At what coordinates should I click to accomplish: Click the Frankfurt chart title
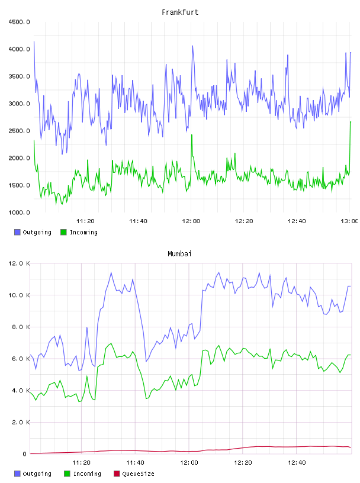pyautogui.click(x=180, y=12)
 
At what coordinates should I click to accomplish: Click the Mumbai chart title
pyautogui.click(x=179, y=253)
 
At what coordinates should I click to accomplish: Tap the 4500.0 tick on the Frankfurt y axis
pyautogui.click(x=19, y=22)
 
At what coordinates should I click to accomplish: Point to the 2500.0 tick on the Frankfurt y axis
pyautogui.click(x=19, y=131)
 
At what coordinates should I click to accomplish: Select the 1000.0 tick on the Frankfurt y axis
pyautogui.click(x=19, y=212)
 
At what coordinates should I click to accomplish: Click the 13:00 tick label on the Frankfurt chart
pyautogui.click(x=349, y=221)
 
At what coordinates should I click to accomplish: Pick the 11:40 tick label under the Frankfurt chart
pyautogui.click(x=138, y=221)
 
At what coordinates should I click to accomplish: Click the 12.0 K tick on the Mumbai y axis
pyautogui.click(x=19, y=263)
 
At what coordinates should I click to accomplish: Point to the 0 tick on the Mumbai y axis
pyautogui.click(x=25, y=454)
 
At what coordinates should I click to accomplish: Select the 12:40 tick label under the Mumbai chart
pyautogui.click(x=297, y=463)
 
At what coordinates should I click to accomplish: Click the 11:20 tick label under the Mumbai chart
pyautogui.click(x=81, y=463)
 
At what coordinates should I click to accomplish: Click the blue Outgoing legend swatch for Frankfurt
pyautogui.click(x=17, y=232)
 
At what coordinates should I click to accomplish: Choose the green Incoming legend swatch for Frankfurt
pyautogui.click(x=63, y=232)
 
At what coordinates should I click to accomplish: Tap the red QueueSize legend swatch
pyautogui.click(x=117, y=474)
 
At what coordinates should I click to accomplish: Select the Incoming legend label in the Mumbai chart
pyautogui.click(x=87, y=474)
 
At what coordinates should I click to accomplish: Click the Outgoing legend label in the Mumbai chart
pyautogui.click(x=37, y=474)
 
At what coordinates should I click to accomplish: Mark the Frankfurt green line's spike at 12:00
pyautogui.click(x=192, y=135)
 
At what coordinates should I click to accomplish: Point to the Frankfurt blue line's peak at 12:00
pyautogui.click(x=192, y=46)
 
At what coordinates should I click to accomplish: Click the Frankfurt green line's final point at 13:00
pyautogui.click(x=351, y=122)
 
